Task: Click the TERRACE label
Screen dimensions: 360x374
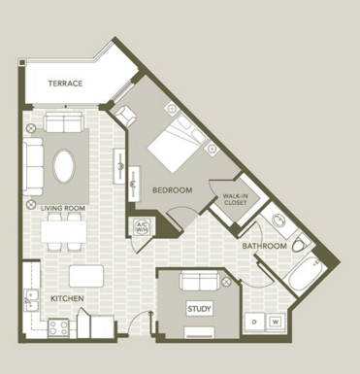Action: [x=65, y=84]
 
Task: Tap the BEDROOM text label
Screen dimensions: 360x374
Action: [x=173, y=190]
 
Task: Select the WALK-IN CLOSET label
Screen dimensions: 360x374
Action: [x=235, y=199]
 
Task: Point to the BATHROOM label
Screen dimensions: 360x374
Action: [x=264, y=246]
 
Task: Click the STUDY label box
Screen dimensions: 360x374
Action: [x=199, y=309]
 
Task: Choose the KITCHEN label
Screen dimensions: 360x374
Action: [x=67, y=298]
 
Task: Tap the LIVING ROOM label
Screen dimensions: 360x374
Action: [x=63, y=208]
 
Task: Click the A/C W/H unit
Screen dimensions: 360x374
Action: [x=142, y=226]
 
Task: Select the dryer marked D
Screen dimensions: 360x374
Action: [x=254, y=322]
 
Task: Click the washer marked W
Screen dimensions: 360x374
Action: [x=276, y=322]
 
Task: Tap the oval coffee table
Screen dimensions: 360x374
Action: [x=64, y=166]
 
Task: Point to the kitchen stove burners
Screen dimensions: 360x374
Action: [x=58, y=327]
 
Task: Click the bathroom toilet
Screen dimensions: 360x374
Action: [x=302, y=244]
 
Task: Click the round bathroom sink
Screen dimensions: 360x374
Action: [x=278, y=221]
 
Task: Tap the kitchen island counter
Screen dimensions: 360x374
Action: [x=86, y=276]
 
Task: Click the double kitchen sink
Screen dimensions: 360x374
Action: [x=32, y=301]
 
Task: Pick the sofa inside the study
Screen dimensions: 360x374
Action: [x=200, y=281]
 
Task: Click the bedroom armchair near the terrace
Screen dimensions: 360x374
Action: [x=126, y=116]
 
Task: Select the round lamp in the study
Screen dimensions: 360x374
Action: [x=227, y=282]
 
